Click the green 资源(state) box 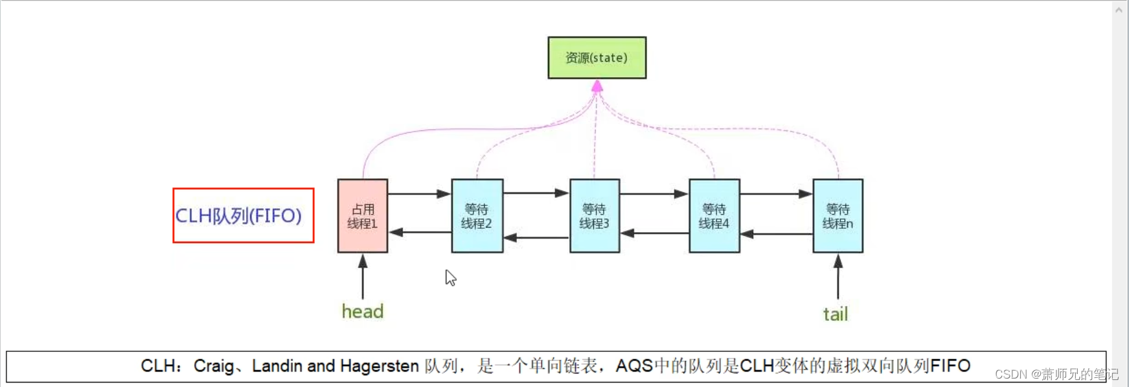click(x=597, y=58)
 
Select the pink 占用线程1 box click(x=363, y=216)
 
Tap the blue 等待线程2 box click(x=477, y=216)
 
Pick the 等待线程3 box click(x=594, y=216)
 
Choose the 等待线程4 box click(x=714, y=216)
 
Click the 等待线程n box click(x=838, y=216)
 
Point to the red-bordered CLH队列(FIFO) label click(x=243, y=216)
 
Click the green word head click(x=363, y=312)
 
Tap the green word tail click(x=836, y=314)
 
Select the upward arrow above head click(x=363, y=276)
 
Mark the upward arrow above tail click(x=838, y=276)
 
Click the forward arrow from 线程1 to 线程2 click(x=419, y=194)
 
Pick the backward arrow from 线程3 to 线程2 click(x=536, y=238)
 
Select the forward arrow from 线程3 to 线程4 click(x=654, y=194)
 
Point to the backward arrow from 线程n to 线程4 click(x=776, y=234)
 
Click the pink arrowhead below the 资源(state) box click(x=597, y=86)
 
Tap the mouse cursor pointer click(x=450, y=277)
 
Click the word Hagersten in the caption click(x=379, y=366)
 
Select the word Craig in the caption click(x=213, y=366)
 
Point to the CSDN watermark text click(x=1056, y=375)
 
